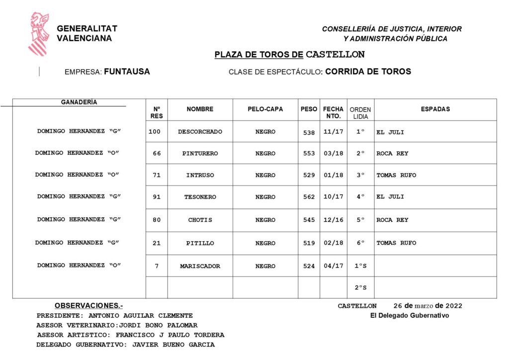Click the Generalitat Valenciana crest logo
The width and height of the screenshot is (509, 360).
[38, 34]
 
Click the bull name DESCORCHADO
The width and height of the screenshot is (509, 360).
[200, 132]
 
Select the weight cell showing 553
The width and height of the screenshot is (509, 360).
[309, 153]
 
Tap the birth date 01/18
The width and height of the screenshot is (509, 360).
[333, 175]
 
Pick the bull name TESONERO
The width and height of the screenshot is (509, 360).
[200, 197]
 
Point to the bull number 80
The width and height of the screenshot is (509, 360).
[157, 220]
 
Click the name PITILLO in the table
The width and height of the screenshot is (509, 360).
[200, 243]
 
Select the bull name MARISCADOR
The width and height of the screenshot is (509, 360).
[200, 266]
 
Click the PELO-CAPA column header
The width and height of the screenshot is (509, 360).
[265, 109]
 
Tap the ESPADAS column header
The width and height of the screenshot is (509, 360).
[435, 109]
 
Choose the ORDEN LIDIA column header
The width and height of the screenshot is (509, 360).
[360, 113]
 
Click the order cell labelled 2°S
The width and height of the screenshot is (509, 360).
[360, 288]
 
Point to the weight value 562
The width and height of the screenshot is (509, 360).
[309, 197]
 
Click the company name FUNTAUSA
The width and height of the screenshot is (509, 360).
[127, 72]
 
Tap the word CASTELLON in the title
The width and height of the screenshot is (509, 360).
[335, 54]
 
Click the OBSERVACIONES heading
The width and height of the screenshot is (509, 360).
[88, 305]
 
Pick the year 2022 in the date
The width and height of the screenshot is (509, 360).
[454, 306]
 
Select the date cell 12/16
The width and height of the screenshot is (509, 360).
[333, 220]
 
